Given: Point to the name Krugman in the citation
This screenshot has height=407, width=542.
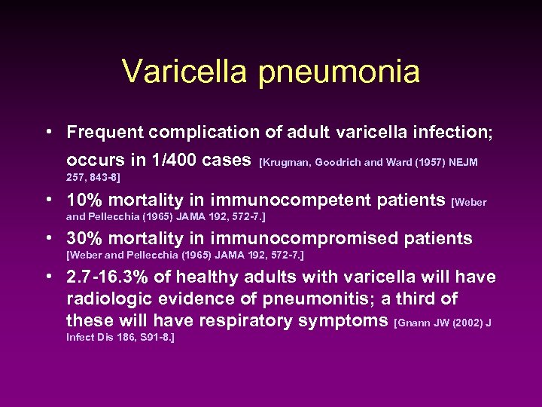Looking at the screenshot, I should click(x=287, y=162).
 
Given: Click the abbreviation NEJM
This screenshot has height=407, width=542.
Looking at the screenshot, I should click(x=461, y=162).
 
